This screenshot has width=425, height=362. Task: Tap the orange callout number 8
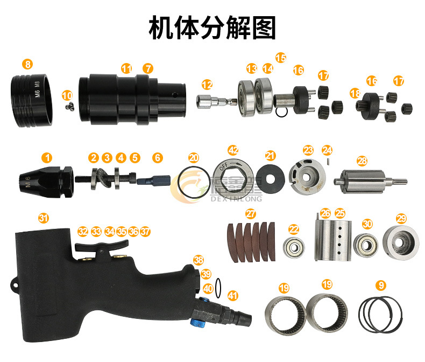click(x=27, y=64)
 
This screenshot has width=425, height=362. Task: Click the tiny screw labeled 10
click(x=67, y=107)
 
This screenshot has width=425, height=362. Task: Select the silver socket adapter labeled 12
click(x=215, y=100)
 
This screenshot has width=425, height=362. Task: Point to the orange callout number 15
click(x=281, y=57)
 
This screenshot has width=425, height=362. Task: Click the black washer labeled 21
click(x=270, y=178)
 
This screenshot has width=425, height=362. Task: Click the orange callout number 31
click(x=43, y=218)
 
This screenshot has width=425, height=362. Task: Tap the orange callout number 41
click(x=232, y=295)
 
